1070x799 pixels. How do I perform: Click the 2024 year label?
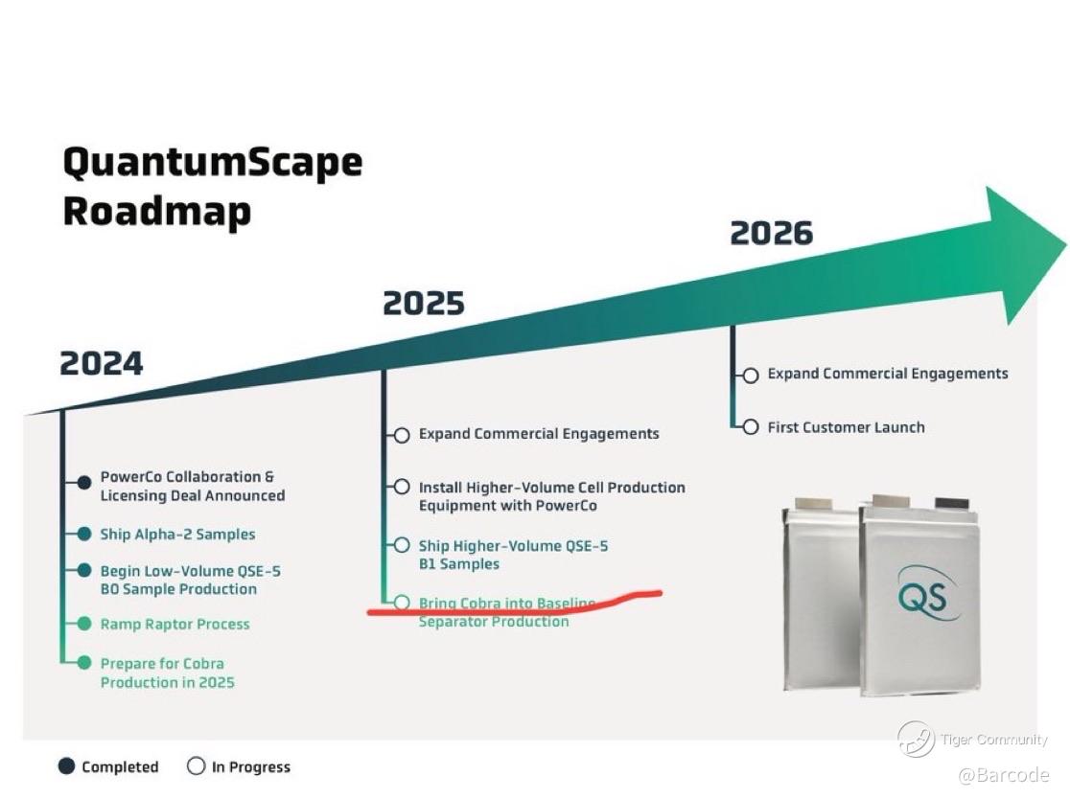(102, 363)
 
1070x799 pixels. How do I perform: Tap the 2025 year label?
(424, 304)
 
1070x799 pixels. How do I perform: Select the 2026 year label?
(772, 233)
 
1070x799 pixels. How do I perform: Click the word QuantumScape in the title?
(213, 162)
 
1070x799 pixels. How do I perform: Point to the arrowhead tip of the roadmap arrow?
(1065, 245)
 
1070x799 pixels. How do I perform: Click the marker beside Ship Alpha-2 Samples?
(84, 534)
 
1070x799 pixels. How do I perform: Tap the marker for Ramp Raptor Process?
(84, 623)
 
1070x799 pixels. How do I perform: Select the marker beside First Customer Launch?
(751, 426)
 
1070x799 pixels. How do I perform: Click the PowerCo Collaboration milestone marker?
(84, 483)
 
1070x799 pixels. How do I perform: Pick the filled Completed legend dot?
(66, 766)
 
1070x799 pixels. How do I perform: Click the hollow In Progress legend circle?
(196, 766)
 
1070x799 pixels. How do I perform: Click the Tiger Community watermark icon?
(916, 739)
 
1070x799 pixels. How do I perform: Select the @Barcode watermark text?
(1003, 775)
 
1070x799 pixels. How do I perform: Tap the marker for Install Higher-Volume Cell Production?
(402, 487)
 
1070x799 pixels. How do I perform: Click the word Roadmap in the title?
(157, 211)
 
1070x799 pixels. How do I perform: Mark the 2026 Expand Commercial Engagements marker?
(751, 375)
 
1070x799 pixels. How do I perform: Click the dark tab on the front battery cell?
(951, 503)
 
